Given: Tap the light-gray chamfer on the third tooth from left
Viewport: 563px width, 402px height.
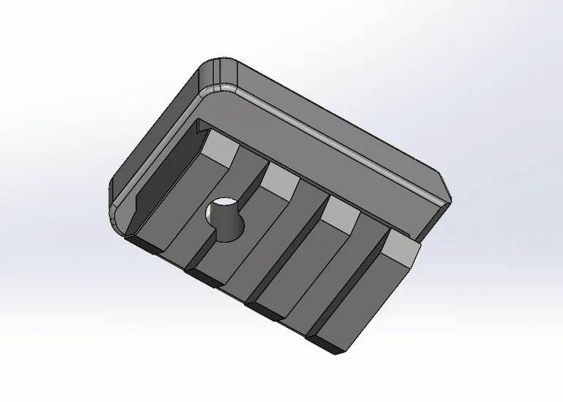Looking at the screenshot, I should click(x=339, y=213).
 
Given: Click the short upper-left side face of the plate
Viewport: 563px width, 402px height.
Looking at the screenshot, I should click(x=150, y=132).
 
